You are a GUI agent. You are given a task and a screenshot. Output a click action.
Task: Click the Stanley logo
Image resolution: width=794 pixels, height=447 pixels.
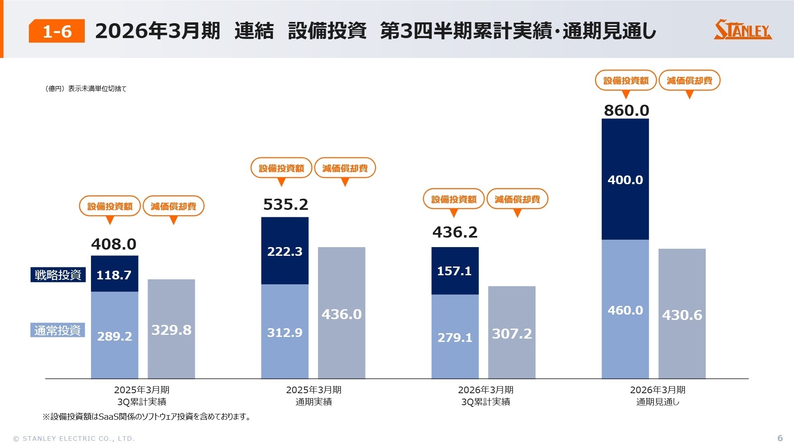[x=743, y=30]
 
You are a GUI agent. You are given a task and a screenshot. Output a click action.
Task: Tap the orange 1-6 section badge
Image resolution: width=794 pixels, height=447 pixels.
[x=57, y=31]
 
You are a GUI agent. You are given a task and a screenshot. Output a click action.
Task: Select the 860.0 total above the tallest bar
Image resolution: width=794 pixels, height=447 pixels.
[x=626, y=111]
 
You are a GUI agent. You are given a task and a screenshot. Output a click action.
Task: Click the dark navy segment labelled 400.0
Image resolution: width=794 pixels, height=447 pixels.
[x=625, y=179]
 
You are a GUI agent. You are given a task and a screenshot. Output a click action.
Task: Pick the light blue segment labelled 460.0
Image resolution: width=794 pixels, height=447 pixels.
[x=625, y=310]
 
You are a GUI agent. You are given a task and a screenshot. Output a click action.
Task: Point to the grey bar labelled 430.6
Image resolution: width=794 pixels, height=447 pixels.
[x=682, y=315]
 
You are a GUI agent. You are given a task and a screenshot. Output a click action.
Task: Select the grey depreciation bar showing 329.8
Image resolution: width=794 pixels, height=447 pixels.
[x=171, y=329]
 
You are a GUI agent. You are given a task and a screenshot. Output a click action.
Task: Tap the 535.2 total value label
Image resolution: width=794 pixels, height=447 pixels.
[x=285, y=204]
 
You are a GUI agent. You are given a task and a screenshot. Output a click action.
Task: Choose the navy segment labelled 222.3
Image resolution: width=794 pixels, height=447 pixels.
[x=285, y=251]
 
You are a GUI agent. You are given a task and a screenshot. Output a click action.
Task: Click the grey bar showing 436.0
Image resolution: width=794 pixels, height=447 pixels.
[x=342, y=314]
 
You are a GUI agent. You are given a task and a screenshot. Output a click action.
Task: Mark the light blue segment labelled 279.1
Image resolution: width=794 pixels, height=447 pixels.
[x=455, y=337]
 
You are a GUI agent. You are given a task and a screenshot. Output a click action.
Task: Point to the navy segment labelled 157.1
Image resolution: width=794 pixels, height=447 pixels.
[x=454, y=271]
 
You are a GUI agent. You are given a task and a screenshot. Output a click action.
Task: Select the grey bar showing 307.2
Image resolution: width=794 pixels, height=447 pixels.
[x=512, y=333]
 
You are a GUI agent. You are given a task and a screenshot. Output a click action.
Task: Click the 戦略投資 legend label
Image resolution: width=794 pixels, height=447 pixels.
[x=58, y=274]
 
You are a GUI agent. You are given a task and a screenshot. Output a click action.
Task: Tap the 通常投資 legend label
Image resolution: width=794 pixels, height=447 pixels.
[x=57, y=330]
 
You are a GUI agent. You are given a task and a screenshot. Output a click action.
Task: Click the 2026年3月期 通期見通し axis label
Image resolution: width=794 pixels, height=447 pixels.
[x=658, y=396]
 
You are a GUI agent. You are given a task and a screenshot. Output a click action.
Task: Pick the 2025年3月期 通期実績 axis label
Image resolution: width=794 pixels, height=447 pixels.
[x=313, y=396]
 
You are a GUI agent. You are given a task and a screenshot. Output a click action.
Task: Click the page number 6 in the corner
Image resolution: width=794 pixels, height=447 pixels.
[x=780, y=438]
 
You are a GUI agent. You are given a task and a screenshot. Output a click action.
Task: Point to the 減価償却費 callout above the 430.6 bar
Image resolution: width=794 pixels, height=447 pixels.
[x=689, y=80]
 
